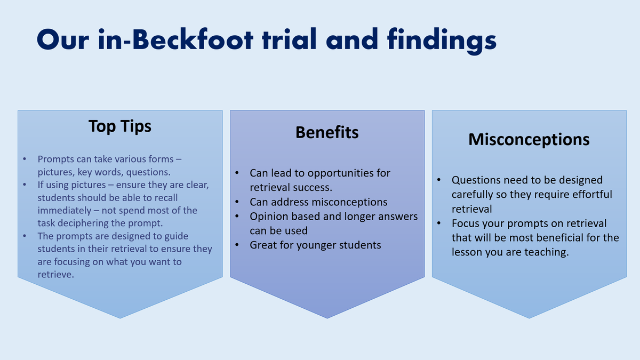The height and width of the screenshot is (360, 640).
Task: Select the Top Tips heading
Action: [x=120, y=126]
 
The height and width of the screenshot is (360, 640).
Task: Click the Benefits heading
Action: [x=327, y=132]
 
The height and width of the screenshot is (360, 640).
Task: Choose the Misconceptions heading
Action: [x=529, y=139]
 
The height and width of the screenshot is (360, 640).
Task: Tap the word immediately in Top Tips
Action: [x=65, y=211]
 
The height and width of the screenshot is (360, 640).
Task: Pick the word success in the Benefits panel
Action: [x=311, y=188]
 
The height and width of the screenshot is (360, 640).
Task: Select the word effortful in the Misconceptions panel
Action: [x=587, y=195]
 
